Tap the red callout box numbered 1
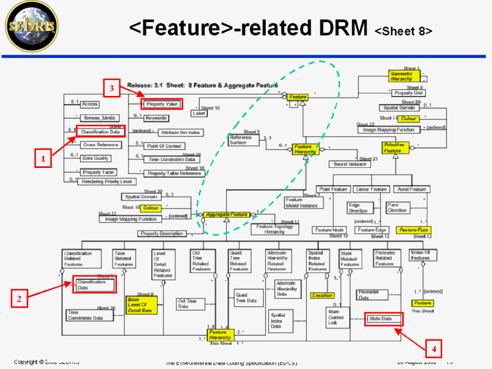point(42,159)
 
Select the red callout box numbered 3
point(112,89)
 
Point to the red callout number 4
point(434,349)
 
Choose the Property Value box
point(162,105)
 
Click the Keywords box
point(156,117)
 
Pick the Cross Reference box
point(101,145)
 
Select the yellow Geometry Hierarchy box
point(403,76)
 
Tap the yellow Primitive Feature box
point(394,148)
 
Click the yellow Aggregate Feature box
point(226,215)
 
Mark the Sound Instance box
point(349,164)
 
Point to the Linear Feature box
point(371,189)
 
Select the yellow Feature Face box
point(413,230)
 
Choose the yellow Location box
point(322,296)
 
